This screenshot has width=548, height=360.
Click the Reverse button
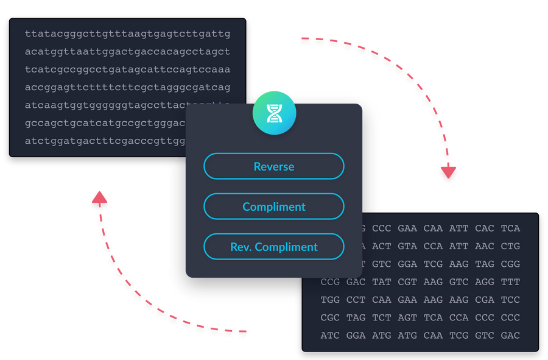pyautogui.click(x=274, y=166)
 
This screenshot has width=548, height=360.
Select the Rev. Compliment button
pyautogui.click(x=274, y=247)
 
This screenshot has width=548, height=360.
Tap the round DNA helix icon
pyautogui.click(x=274, y=113)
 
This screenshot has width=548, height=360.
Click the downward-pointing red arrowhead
pyautogui.click(x=449, y=172)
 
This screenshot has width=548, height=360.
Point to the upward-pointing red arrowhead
pyautogui.click(x=97, y=199)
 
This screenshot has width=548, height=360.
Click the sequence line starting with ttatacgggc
pyautogui.click(x=128, y=34)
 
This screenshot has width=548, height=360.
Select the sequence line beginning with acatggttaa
pyautogui.click(x=128, y=52)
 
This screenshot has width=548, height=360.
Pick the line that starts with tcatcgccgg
pyautogui.click(x=128, y=69)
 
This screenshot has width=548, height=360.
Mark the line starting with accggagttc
pyautogui.click(x=128, y=87)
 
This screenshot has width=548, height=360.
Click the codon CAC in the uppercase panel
pyautogui.click(x=485, y=228)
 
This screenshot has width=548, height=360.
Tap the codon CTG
pyautogui.click(x=510, y=246)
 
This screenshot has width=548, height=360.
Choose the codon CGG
pyautogui.click(x=510, y=264)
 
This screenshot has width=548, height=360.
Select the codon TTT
pyautogui.click(x=510, y=282)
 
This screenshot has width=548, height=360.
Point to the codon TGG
pyautogui.click(x=330, y=300)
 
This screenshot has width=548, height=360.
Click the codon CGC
pyautogui.click(x=330, y=317)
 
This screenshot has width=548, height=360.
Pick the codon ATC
pyautogui.click(x=330, y=335)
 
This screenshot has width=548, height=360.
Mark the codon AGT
pyautogui.click(x=407, y=317)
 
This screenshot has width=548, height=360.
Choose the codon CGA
pyautogui.click(x=485, y=300)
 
